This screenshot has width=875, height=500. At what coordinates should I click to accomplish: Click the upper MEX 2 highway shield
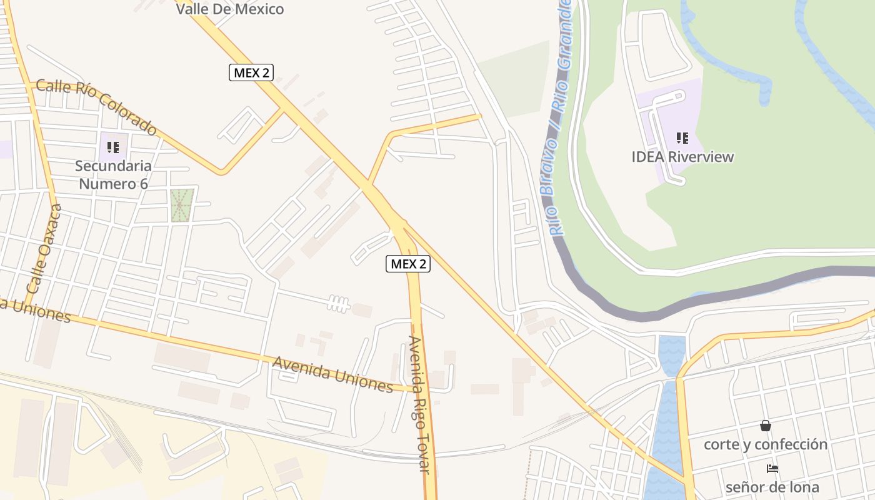(x=251, y=72)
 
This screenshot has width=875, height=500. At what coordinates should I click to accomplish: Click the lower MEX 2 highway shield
(x=407, y=264)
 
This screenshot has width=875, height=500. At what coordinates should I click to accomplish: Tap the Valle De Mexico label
(x=229, y=9)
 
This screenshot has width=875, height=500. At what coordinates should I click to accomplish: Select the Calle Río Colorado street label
(x=96, y=107)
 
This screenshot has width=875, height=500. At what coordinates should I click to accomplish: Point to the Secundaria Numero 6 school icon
(x=113, y=147)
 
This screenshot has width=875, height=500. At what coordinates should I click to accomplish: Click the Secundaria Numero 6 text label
(x=113, y=175)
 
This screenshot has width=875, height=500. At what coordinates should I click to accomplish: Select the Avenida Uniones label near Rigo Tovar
(x=332, y=374)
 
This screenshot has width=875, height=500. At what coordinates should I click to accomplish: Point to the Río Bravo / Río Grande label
(x=560, y=119)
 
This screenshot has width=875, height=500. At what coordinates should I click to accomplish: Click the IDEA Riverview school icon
(x=682, y=137)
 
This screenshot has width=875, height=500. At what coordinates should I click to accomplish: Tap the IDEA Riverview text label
(x=682, y=157)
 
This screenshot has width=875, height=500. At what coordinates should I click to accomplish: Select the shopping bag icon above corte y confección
(x=765, y=426)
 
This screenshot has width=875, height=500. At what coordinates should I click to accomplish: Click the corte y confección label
(x=765, y=444)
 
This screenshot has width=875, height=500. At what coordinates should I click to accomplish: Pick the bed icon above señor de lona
(x=772, y=468)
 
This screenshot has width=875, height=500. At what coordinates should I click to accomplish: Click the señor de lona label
(x=772, y=487)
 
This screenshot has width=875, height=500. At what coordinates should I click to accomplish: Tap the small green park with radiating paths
(x=181, y=205)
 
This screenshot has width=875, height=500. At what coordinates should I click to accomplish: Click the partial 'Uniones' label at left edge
(x=35, y=310)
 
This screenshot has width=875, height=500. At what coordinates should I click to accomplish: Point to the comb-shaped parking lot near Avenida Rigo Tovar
(x=338, y=304)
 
